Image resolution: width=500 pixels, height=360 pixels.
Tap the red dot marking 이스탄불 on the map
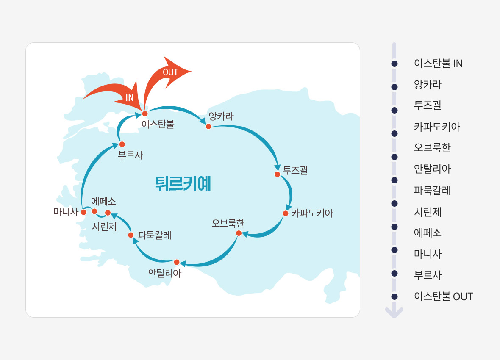pos(145,114)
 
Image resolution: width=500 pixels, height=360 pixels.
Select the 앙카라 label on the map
pos(221,116)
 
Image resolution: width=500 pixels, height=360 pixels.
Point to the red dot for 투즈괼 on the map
pos(278,174)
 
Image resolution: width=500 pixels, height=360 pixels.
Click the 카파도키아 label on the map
pos(312,213)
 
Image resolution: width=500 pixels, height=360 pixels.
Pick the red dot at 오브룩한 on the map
pos(239,233)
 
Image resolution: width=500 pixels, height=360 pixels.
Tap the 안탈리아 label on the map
pos(165,273)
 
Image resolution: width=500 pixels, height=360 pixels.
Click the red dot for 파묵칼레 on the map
pos(131,235)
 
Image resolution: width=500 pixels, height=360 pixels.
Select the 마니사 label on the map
pos(66,212)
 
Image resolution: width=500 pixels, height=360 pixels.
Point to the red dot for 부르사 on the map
pos(122,144)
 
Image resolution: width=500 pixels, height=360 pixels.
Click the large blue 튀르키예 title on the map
pos(183,184)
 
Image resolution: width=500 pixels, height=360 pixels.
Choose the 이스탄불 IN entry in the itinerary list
pos(438,64)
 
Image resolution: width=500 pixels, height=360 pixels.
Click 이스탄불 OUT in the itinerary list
pos(444,296)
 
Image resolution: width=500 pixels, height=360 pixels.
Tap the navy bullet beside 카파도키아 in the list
pos(394,133)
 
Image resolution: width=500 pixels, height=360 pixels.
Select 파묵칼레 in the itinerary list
pos(432,190)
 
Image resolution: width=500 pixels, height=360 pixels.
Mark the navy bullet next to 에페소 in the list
pos(394,227)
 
